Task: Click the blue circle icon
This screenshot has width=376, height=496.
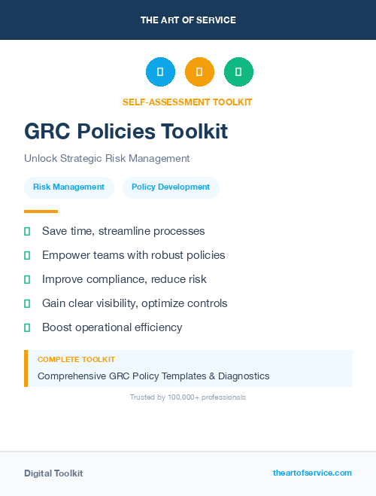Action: [160, 72]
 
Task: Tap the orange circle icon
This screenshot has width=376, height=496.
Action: [199, 72]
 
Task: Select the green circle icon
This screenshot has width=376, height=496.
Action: [238, 72]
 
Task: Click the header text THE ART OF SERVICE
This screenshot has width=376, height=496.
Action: [188, 20]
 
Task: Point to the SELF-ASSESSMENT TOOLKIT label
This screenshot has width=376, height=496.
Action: [187, 102]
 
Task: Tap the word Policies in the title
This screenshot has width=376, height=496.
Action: [119, 132]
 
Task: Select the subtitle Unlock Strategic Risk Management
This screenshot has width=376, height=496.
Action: [107, 159]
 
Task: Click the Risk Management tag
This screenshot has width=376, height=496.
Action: [68, 187]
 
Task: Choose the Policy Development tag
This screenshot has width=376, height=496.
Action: [171, 187]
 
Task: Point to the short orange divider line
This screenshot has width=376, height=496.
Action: [41, 211]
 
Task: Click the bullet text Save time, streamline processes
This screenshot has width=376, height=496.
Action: [123, 231]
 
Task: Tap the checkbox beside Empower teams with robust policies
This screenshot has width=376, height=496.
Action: [27, 255]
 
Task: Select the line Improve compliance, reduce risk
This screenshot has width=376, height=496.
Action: [124, 279]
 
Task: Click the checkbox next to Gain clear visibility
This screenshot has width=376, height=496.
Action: [27, 303]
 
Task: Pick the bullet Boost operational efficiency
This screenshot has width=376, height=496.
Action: [112, 327]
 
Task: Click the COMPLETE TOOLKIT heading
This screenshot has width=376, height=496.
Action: [76, 360]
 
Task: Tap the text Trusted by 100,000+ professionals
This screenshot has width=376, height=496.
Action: [188, 397]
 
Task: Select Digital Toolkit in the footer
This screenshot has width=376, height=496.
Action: [53, 473]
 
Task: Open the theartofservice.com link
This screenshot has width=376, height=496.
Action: [312, 473]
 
